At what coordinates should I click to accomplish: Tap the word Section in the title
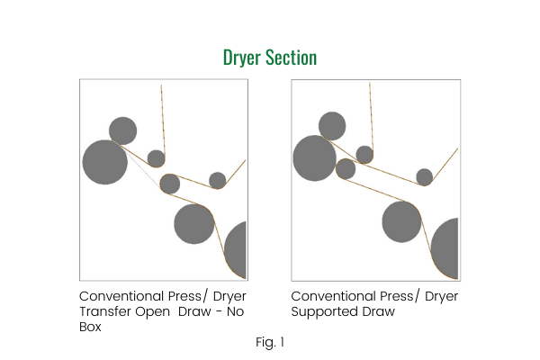point(292,58)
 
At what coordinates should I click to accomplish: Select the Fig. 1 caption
point(270,342)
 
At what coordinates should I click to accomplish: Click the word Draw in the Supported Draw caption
point(378,312)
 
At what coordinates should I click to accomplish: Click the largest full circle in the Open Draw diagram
point(105,163)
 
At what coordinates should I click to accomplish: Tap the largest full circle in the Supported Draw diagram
point(314,158)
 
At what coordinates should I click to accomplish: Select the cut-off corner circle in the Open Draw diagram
point(237,251)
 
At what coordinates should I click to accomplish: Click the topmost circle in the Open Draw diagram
point(122,131)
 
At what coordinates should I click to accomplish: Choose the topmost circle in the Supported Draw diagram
point(332,125)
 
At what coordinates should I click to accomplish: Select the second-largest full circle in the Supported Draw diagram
point(401,222)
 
